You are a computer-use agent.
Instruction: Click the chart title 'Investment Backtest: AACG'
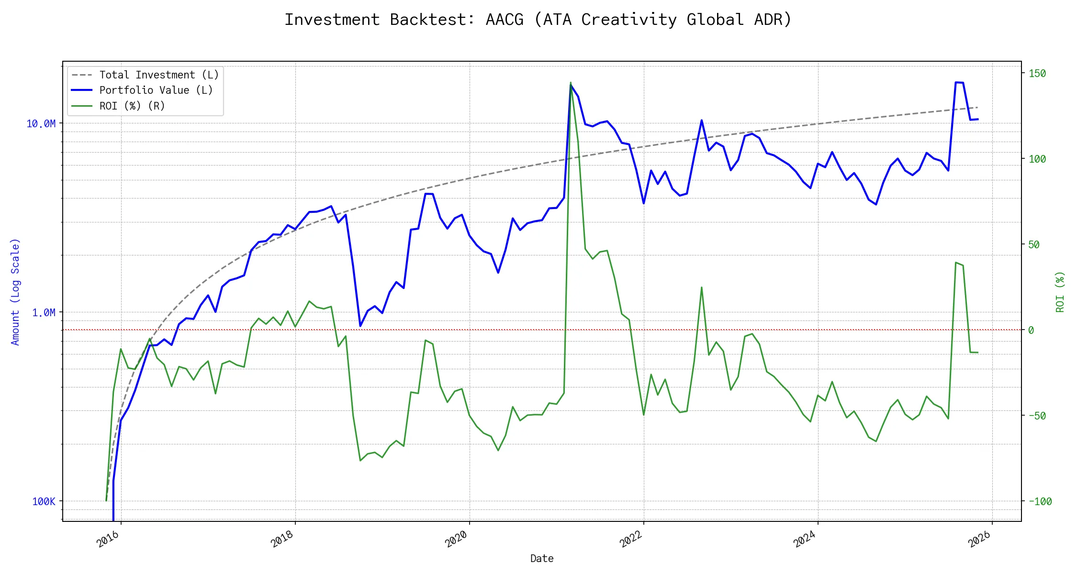(x=538, y=20)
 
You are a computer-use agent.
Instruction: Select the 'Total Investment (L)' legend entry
(x=159, y=75)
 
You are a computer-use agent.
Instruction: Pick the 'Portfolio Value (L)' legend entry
(x=156, y=90)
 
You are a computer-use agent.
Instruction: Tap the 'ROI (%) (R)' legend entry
(x=132, y=106)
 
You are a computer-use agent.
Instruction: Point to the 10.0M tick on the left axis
(x=41, y=124)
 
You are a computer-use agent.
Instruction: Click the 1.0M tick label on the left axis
(x=44, y=313)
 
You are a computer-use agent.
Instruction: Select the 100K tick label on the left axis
(x=44, y=502)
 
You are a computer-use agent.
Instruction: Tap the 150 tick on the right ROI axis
(x=1037, y=74)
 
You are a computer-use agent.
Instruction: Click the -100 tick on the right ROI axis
(x=1040, y=502)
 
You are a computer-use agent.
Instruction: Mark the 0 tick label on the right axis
(x=1031, y=331)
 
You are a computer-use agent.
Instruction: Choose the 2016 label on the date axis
(x=108, y=540)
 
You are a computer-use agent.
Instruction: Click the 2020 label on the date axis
(x=456, y=540)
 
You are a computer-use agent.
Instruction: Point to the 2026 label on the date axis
(x=979, y=540)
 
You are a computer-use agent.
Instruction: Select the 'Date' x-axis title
(x=542, y=559)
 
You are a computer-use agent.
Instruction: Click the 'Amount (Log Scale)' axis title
(x=15, y=292)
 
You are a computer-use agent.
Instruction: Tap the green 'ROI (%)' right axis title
(x=1060, y=292)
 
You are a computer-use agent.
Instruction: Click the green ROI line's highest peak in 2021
(x=571, y=83)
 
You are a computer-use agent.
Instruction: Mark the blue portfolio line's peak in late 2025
(x=956, y=82)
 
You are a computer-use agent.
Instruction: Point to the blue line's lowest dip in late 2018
(x=360, y=326)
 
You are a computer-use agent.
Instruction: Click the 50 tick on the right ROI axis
(x=1034, y=245)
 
